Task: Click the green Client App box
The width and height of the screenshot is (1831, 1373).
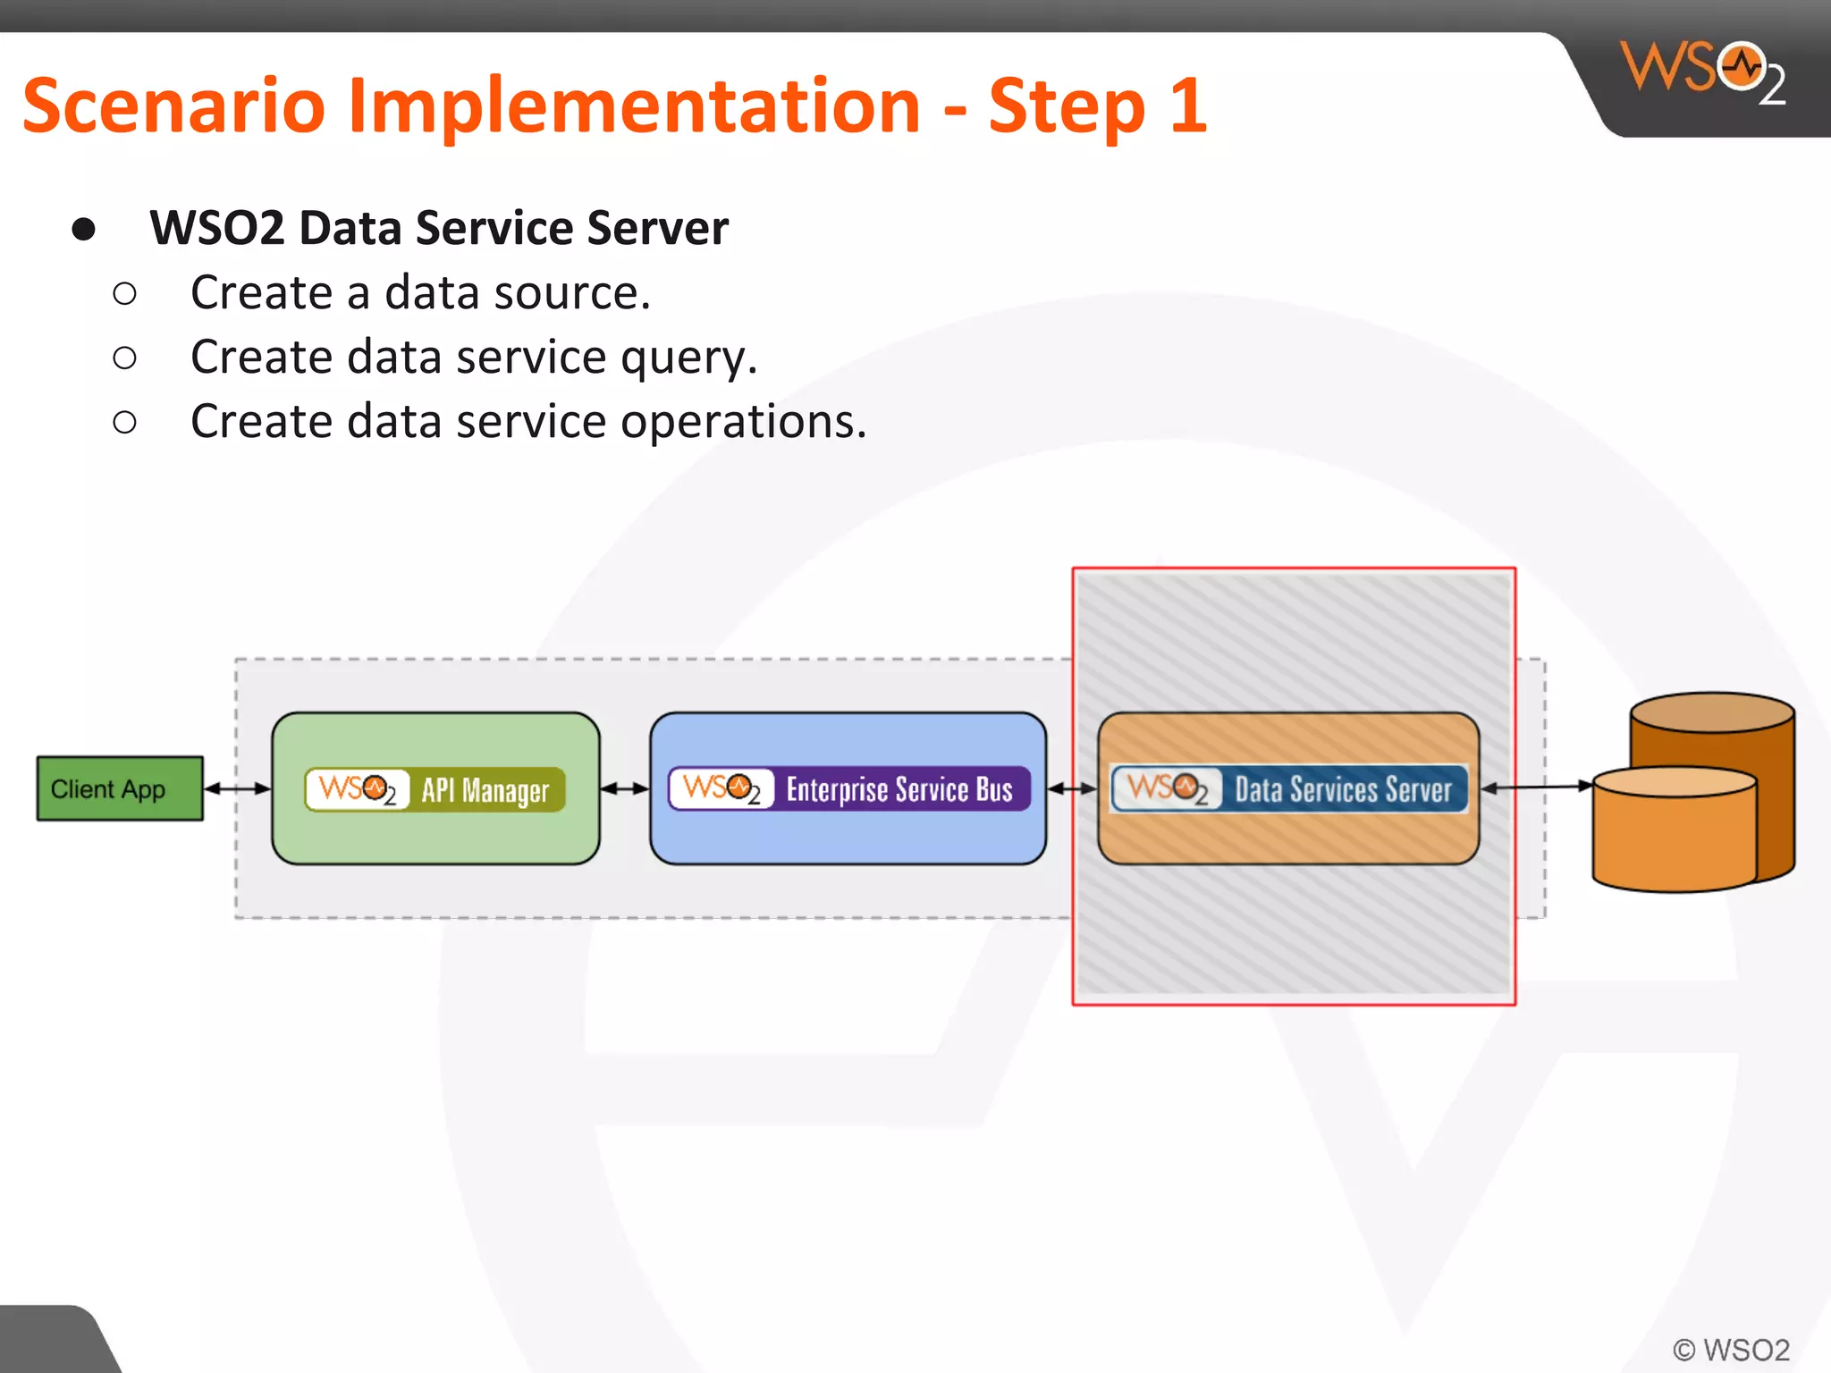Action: [x=120, y=788]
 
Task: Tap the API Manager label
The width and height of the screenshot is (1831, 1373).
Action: [x=485, y=790]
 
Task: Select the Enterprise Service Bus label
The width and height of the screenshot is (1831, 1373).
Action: [x=899, y=789]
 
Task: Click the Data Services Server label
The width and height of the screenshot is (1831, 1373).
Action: [x=1342, y=789]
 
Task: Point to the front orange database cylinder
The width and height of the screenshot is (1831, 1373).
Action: [x=1675, y=836]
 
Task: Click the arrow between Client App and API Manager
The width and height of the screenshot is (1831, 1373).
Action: [x=237, y=788]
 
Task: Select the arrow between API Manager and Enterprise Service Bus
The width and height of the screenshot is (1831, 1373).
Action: [x=624, y=788]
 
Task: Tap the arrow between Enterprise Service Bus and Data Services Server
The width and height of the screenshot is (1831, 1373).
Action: [x=1071, y=788]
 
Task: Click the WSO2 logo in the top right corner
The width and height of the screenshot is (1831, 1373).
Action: [x=1702, y=72]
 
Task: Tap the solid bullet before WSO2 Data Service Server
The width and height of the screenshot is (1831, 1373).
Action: [x=83, y=229]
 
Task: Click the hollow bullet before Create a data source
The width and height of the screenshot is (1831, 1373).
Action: [x=125, y=293]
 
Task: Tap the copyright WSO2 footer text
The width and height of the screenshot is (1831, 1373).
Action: [x=1731, y=1349]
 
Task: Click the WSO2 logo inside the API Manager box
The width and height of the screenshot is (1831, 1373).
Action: [x=357, y=789]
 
